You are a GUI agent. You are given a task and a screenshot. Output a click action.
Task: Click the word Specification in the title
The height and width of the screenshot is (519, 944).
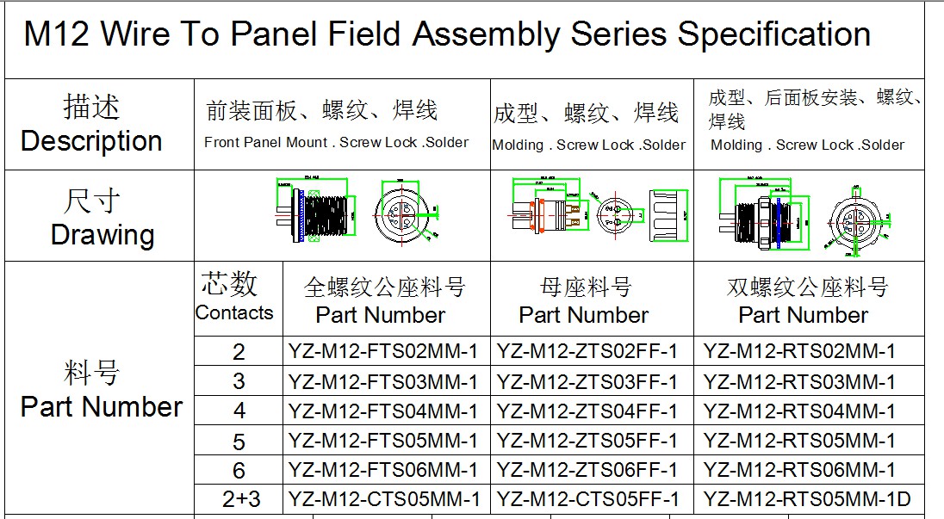[x=773, y=35]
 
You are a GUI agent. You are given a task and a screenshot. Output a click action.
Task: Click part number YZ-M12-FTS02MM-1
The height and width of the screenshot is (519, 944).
[x=382, y=351]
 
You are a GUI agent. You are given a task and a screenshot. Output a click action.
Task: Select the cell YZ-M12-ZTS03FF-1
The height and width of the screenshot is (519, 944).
[x=587, y=381]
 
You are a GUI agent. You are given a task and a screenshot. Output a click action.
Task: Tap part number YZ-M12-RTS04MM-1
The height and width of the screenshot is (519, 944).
[x=799, y=411]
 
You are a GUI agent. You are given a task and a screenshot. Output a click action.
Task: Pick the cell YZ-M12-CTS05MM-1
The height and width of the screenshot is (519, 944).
[x=382, y=498]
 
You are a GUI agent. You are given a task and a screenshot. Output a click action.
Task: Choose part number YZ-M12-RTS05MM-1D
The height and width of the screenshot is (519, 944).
[x=806, y=498]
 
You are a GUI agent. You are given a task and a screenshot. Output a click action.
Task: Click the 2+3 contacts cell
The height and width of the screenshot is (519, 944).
[x=240, y=499]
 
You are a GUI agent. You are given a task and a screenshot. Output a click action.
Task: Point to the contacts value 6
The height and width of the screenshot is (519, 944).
[x=239, y=470]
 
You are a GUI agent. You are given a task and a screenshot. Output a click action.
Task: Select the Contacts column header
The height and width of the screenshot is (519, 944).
[x=233, y=312]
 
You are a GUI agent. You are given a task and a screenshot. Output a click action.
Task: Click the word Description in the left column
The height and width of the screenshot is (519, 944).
[x=91, y=141]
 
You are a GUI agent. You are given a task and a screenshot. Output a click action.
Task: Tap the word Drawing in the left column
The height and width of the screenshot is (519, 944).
[x=102, y=234]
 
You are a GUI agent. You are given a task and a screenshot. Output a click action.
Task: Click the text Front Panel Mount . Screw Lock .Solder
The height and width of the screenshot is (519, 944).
[x=336, y=142]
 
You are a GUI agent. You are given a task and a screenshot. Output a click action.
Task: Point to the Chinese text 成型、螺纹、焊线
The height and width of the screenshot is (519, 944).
[x=586, y=113]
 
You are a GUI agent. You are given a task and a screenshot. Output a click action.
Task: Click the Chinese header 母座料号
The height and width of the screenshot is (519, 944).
[x=586, y=287]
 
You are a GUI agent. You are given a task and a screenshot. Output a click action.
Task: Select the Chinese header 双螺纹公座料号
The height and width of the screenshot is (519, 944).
[x=806, y=287]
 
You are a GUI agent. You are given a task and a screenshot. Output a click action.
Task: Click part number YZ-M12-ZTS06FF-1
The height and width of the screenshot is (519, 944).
[x=587, y=469]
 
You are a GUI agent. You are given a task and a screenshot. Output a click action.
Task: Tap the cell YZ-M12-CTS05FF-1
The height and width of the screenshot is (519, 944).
[x=587, y=498]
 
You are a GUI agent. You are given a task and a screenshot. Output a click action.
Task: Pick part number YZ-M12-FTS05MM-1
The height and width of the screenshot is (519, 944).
[x=382, y=441]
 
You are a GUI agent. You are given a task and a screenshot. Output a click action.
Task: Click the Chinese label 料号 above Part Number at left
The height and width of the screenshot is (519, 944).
[x=91, y=373]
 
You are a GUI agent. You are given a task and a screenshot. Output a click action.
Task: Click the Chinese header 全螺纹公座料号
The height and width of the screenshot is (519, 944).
[x=384, y=287]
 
